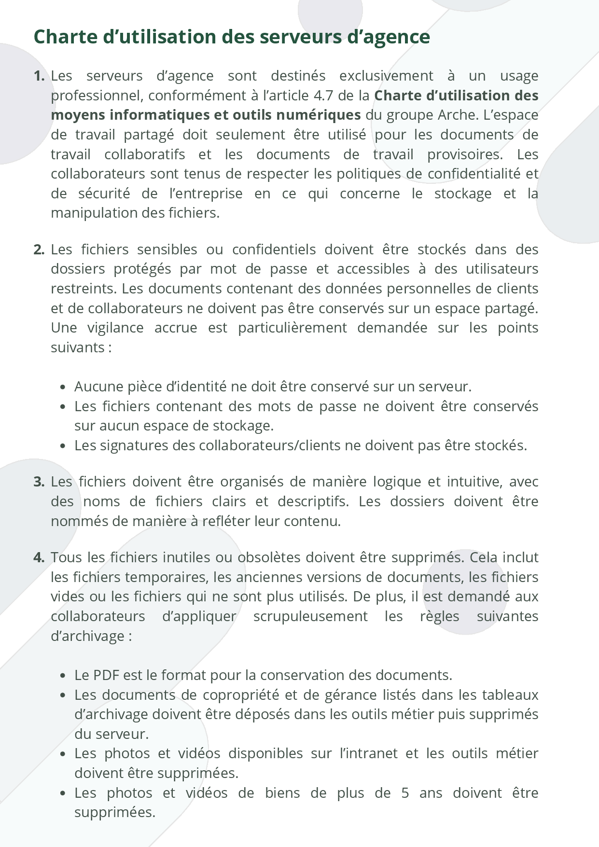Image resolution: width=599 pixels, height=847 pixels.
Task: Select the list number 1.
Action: tap(39, 76)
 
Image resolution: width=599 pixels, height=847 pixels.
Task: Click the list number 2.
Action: tap(39, 250)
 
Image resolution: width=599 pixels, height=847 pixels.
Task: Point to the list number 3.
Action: tap(39, 482)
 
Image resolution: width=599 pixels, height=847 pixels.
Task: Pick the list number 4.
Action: tap(39, 557)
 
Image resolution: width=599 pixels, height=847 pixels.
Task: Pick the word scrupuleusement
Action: tap(310, 616)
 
